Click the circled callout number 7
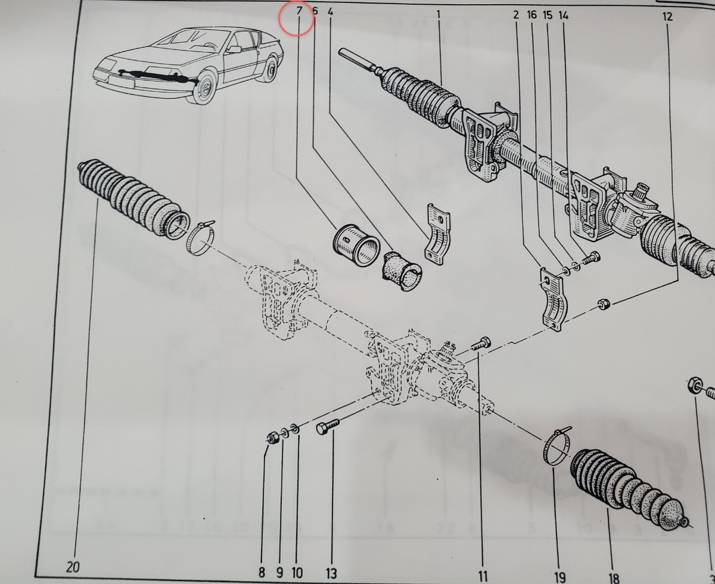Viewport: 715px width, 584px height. [299, 11]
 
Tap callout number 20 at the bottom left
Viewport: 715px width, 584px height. [73, 567]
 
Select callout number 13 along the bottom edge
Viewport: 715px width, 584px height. [331, 573]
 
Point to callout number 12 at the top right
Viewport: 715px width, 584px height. [667, 17]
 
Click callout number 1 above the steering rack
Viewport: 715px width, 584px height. [439, 14]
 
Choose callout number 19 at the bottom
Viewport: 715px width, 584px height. [559, 576]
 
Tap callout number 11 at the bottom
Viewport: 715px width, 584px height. [483, 576]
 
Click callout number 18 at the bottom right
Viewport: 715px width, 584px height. [614, 577]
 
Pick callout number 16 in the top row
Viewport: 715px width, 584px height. [532, 15]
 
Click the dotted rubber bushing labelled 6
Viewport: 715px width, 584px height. [402, 271]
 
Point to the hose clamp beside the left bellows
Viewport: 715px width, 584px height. [200, 237]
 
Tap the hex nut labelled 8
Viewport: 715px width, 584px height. [272, 438]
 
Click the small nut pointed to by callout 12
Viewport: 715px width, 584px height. [604, 303]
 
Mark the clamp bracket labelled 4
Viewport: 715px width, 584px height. [437, 234]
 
